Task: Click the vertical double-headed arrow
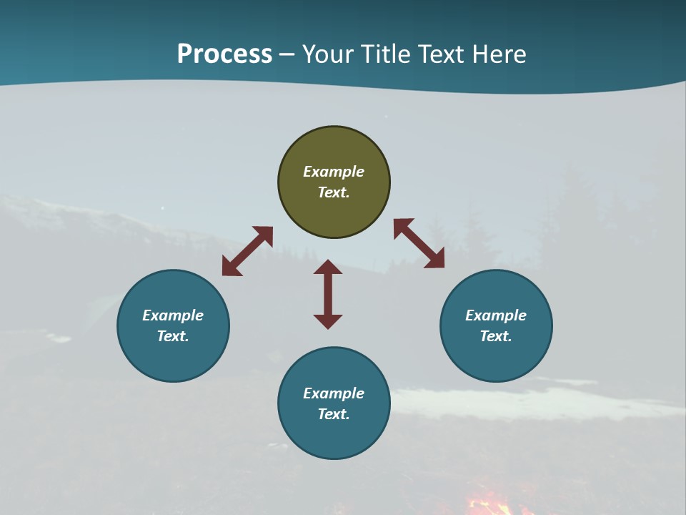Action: pyautogui.click(x=328, y=294)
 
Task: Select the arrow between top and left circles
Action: pyautogui.click(x=247, y=251)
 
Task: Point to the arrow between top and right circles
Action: pyautogui.click(x=419, y=244)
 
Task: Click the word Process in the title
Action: pyautogui.click(x=224, y=54)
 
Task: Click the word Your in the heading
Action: pyautogui.click(x=327, y=54)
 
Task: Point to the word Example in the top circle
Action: pyautogui.click(x=334, y=172)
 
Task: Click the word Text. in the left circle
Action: pyautogui.click(x=173, y=336)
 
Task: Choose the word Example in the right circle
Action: pyautogui.click(x=496, y=315)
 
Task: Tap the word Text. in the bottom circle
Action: pyautogui.click(x=334, y=414)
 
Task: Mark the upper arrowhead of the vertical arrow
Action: pyautogui.click(x=328, y=268)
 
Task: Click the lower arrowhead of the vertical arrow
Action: pyautogui.click(x=328, y=321)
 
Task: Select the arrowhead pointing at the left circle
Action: pyautogui.click(x=230, y=268)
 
